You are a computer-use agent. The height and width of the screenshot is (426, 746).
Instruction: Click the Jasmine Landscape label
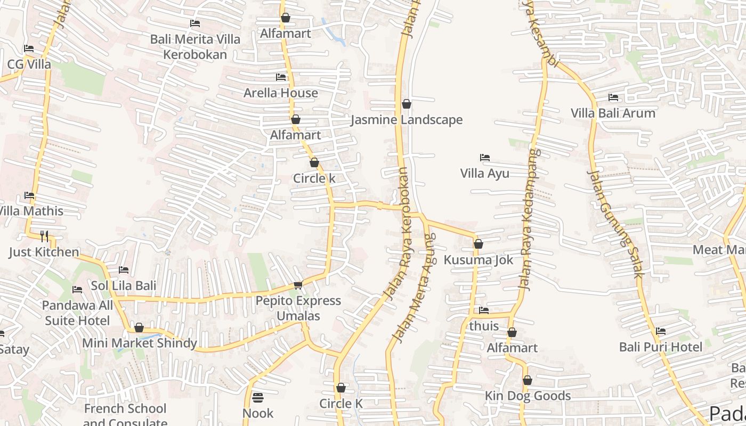tap(407, 120)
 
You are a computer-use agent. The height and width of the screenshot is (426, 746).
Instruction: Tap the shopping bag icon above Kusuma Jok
tap(479, 244)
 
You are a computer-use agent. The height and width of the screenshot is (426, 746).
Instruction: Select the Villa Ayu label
tap(484, 173)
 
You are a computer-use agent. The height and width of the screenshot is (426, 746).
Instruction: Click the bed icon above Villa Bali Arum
tap(613, 97)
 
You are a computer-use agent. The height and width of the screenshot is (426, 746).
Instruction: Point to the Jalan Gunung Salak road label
tap(615, 224)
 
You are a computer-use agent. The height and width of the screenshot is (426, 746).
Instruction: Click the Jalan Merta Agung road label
tap(413, 288)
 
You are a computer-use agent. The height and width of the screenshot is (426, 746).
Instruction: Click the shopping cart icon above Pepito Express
tap(298, 285)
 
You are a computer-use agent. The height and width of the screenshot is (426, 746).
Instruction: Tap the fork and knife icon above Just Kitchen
tap(44, 236)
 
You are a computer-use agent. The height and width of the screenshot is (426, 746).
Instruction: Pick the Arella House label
tap(281, 93)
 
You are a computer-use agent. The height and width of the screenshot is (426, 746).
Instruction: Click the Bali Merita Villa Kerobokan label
tap(195, 47)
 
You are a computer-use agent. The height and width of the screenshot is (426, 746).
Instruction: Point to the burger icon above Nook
tap(258, 398)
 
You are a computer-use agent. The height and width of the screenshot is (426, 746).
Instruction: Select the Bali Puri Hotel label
tap(661, 347)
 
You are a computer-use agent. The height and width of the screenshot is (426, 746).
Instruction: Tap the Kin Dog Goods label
tap(528, 396)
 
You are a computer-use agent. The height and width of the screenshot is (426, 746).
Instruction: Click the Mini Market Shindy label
tap(140, 343)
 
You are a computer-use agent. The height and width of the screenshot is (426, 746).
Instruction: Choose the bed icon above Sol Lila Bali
tap(124, 270)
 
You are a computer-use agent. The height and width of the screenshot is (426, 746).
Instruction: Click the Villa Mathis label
tap(31, 211)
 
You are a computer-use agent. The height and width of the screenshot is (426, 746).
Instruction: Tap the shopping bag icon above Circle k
tap(314, 163)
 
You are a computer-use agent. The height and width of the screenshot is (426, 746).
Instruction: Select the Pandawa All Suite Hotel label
tap(78, 313)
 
